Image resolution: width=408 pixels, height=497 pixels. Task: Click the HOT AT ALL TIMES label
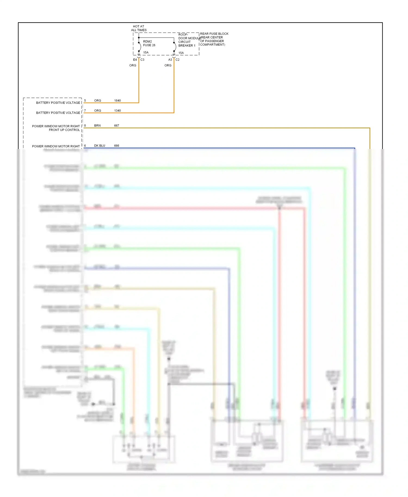click(139, 28)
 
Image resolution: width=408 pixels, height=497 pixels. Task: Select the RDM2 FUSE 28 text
click(149, 44)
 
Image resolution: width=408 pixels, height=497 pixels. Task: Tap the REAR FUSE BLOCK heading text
click(214, 34)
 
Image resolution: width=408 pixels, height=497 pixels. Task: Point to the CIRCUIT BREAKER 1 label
click(187, 44)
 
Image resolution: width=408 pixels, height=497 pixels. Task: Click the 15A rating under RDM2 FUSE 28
click(146, 52)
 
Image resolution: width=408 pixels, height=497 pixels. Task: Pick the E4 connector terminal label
click(135, 60)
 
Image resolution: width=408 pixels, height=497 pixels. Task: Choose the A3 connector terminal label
click(170, 60)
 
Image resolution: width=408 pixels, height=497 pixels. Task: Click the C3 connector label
click(142, 60)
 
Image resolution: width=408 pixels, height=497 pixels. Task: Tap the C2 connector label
click(177, 60)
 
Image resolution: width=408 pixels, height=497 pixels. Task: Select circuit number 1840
click(118, 101)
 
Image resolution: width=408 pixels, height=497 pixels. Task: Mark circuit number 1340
click(118, 111)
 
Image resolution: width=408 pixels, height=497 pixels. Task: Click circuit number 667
click(117, 126)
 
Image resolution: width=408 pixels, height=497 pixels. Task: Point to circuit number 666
click(117, 146)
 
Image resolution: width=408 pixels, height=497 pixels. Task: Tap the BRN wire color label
click(97, 126)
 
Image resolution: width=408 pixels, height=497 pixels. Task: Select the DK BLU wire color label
click(100, 146)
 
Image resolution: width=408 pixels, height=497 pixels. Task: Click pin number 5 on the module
click(85, 101)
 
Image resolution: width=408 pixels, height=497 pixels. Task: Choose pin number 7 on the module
click(85, 111)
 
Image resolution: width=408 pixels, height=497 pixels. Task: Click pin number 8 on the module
click(85, 126)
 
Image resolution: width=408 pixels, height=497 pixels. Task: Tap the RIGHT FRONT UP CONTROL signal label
click(56, 128)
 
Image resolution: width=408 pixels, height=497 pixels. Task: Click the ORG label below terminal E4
click(133, 66)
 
